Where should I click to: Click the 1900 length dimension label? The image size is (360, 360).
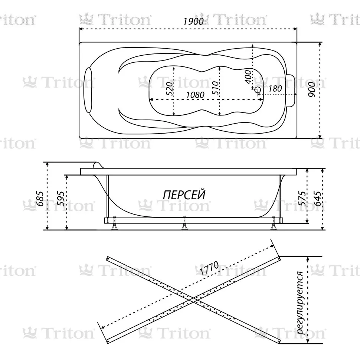pos(193,22)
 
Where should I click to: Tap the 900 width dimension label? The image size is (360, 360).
pos(312,89)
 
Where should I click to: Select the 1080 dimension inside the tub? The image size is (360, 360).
pos(195,95)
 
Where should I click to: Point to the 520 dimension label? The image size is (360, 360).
pos(169,88)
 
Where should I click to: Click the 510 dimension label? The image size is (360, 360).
pos(215,88)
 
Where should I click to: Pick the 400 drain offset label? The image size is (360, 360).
pos(248,77)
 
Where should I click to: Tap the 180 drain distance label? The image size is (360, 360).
pos(275,88)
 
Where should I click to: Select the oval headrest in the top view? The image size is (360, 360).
pos(88,90)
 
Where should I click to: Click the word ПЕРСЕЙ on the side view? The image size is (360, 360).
pos(184,195)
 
